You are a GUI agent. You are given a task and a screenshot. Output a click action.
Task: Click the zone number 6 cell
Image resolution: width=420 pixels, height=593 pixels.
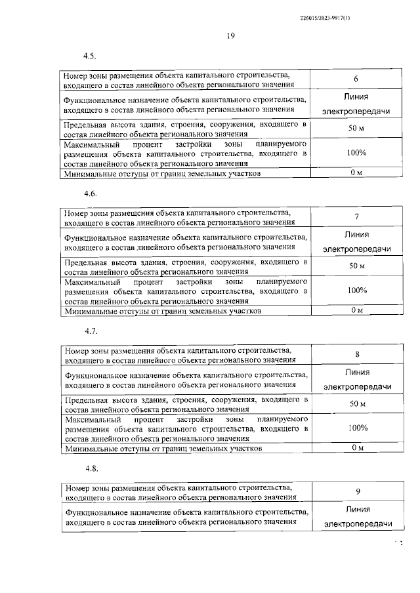pos(356,79)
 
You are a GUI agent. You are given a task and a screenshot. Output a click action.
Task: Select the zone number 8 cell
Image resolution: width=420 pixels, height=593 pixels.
pos(356,355)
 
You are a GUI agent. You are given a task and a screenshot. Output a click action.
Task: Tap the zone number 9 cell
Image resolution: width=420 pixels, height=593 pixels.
pos(356,492)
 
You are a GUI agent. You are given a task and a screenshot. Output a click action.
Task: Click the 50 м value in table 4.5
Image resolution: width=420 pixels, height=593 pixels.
pos(356,129)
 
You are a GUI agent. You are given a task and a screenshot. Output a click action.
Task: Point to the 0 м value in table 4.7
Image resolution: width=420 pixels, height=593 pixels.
pos(356,448)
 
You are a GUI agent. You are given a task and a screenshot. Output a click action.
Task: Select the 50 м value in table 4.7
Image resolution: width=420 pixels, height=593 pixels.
pos(356,403)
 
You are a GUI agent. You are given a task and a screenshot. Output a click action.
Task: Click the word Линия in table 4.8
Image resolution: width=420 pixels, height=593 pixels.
pos(357,509)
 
